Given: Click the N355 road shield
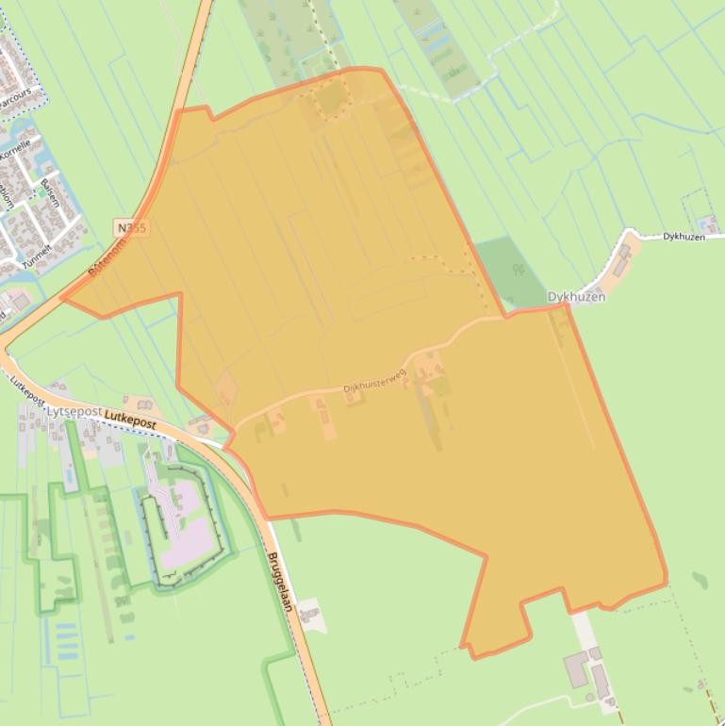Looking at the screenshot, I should coord(133,228).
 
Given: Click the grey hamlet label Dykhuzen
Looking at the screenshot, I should coord(576,296).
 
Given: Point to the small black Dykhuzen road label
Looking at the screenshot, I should coord(684,237).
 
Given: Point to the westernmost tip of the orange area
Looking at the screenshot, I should coord(63,299).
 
